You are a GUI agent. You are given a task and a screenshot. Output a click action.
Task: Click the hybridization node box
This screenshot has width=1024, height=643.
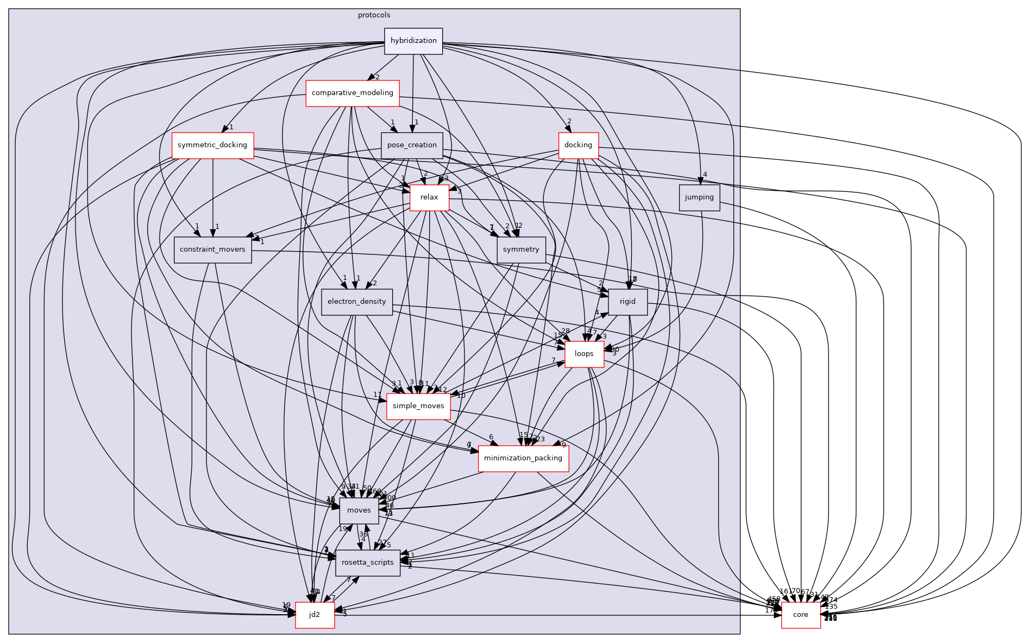[x=413, y=41]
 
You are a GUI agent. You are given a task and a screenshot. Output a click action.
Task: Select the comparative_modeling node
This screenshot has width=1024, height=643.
[x=352, y=93]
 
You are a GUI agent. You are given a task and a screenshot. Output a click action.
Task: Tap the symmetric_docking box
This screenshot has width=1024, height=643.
[x=212, y=145]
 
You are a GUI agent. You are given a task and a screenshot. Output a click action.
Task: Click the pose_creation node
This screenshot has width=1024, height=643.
[x=412, y=145]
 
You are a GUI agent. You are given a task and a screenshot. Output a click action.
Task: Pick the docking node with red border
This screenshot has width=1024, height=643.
[x=578, y=145]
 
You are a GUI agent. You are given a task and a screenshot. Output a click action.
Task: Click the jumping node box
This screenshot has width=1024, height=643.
[x=699, y=197]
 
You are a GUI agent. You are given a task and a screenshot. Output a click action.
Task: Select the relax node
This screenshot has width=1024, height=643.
[x=429, y=197]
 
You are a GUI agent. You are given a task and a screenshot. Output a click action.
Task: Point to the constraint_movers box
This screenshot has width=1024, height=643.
[x=212, y=249]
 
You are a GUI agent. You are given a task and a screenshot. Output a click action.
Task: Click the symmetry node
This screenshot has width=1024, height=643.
[x=520, y=249]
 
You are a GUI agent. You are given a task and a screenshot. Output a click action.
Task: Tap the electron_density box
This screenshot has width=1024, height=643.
[x=356, y=302]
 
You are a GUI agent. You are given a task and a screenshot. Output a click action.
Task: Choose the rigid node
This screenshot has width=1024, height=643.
[x=627, y=302]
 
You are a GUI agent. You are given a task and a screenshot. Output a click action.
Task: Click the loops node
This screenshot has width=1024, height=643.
[x=584, y=354]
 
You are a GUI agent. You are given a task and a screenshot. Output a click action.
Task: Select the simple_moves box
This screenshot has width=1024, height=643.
[x=418, y=406]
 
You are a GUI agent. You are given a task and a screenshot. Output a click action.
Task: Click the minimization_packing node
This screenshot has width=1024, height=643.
[x=523, y=458]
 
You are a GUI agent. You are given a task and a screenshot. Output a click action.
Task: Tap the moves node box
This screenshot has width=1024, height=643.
[x=359, y=510]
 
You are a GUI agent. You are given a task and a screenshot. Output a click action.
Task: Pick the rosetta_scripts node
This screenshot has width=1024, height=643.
[x=367, y=563]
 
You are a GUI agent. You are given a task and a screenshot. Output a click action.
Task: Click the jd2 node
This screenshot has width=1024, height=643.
[x=314, y=615]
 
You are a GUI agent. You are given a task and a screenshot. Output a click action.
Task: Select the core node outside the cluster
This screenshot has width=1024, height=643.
[x=800, y=615]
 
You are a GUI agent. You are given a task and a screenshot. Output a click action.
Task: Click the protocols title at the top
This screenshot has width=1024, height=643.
[x=374, y=15]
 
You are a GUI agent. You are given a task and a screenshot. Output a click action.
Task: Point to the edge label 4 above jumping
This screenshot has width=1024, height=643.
[x=705, y=174]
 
